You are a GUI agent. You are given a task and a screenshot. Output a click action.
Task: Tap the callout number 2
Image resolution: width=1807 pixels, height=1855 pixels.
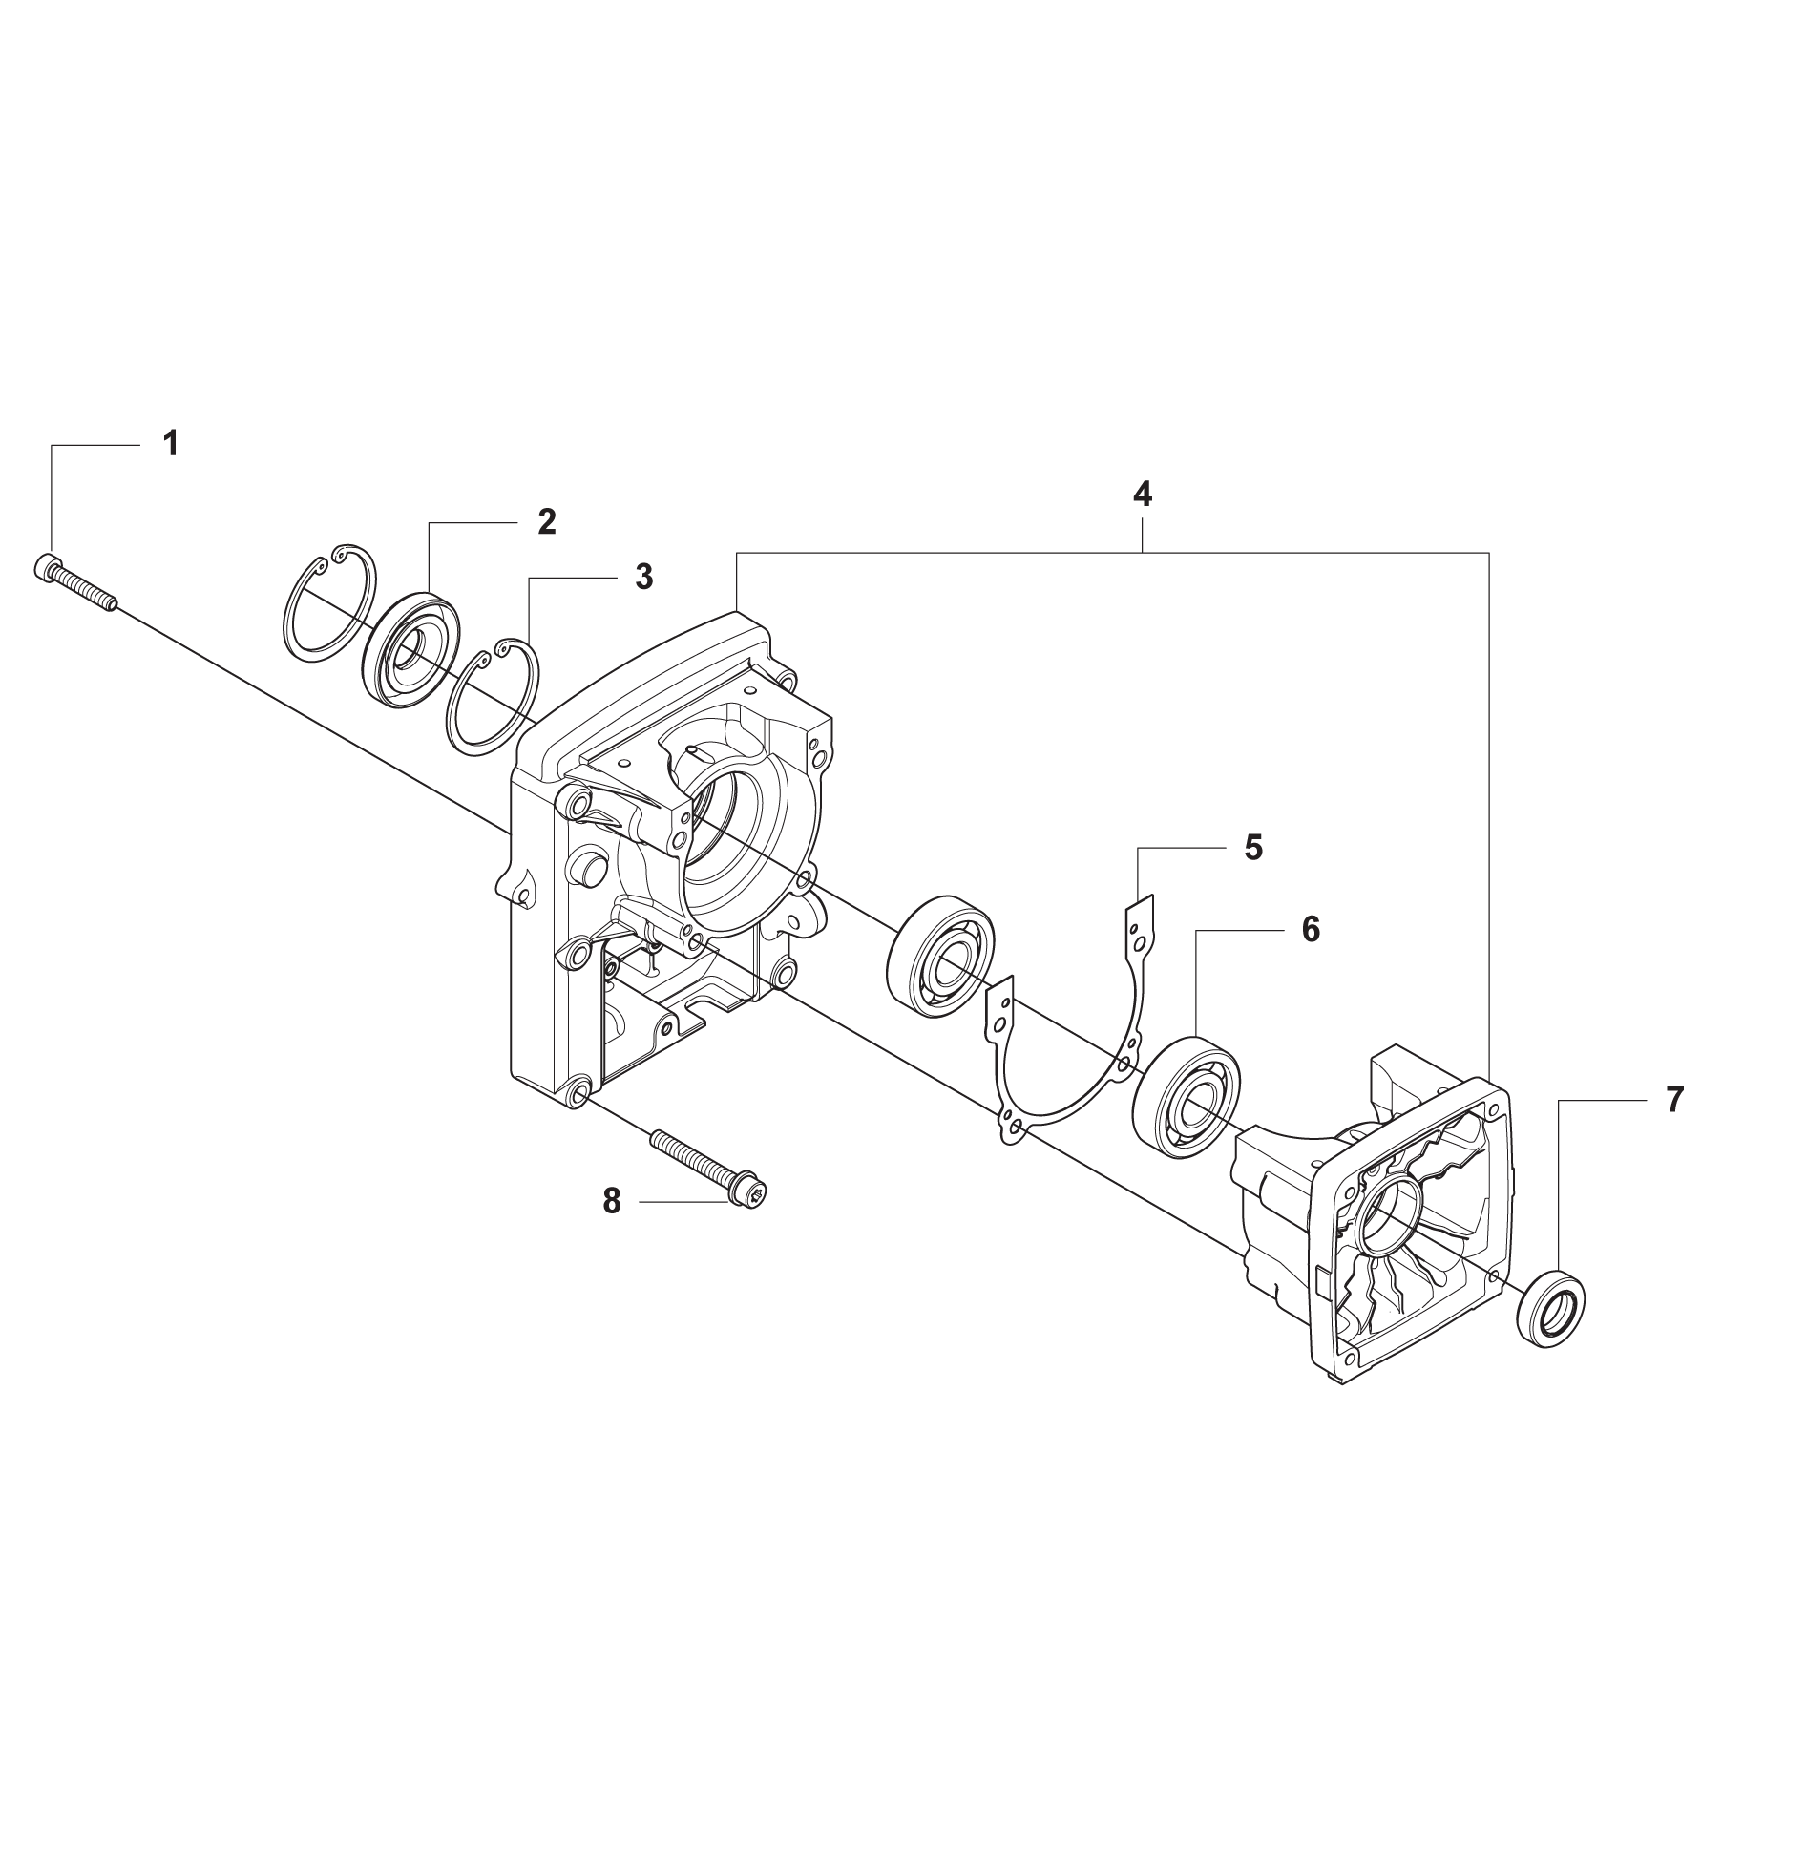pos(546,521)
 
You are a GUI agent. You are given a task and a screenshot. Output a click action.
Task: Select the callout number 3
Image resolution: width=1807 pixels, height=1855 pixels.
pos(644,577)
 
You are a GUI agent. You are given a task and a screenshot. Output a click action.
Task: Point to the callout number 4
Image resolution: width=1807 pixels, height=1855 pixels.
pos(1142,494)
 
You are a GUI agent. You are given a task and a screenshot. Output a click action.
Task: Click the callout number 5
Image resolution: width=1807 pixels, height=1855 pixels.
pos(1253,847)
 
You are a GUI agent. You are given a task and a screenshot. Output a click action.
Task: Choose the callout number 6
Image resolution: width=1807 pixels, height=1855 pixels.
pos(1311,929)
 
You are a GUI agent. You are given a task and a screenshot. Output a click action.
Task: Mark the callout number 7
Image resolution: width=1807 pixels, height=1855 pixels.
pos(1675,1100)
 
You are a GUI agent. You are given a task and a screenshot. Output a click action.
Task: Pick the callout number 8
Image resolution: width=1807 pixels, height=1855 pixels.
pos(612,1201)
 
